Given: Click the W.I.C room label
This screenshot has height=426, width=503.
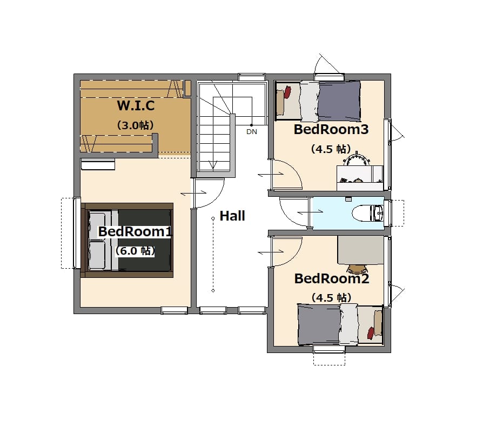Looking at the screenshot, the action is pyautogui.click(x=136, y=105).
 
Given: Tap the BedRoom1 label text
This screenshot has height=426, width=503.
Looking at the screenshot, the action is pyautogui.click(x=135, y=231).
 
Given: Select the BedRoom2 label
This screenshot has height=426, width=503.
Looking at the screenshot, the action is pyautogui.click(x=332, y=278).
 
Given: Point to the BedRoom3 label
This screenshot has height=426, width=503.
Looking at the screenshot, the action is pyautogui.click(x=331, y=129).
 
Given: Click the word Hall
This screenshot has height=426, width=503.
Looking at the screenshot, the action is pyautogui.click(x=232, y=216).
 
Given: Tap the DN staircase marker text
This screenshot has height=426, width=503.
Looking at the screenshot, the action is pyautogui.click(x=252, y=131).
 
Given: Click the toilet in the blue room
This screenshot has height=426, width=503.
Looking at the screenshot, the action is pyautogui.click(x=367, y=213).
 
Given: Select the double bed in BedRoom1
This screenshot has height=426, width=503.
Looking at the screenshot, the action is pyautogui.click(x=128, y=240).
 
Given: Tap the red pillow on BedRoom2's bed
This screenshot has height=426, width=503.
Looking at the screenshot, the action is pyautogui.click(x=371, y=332).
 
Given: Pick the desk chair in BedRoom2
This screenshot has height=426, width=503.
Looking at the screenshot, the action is pyautogui.click(x=357, y=269).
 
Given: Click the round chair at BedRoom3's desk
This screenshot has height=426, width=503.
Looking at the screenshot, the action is pyautogui.click(x=356, y=160).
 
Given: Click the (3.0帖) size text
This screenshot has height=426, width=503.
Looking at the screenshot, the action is pyautogui.click(x=136, y=125).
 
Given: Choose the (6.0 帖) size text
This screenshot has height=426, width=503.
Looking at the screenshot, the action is pyautogui.click(x=135, y=251).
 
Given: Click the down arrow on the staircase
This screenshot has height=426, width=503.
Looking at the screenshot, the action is pyautogui.click(x=213, y=165).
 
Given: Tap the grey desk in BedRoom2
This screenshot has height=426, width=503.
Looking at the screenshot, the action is pyautogui.click(x=360, y=250).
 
